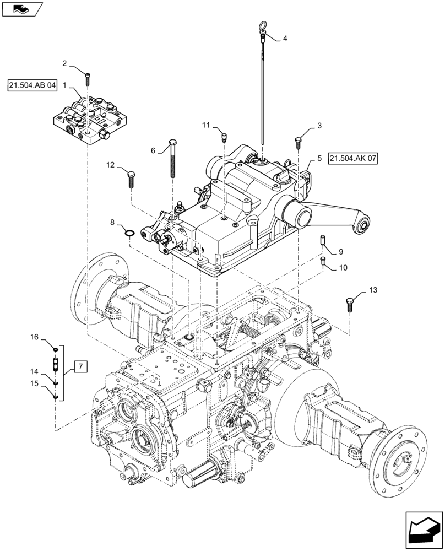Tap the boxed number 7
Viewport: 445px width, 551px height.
[x=79, y=366]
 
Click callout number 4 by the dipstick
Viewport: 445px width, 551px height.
[x=285, y=39]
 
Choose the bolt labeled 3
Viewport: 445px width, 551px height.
[x=298, y=142]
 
